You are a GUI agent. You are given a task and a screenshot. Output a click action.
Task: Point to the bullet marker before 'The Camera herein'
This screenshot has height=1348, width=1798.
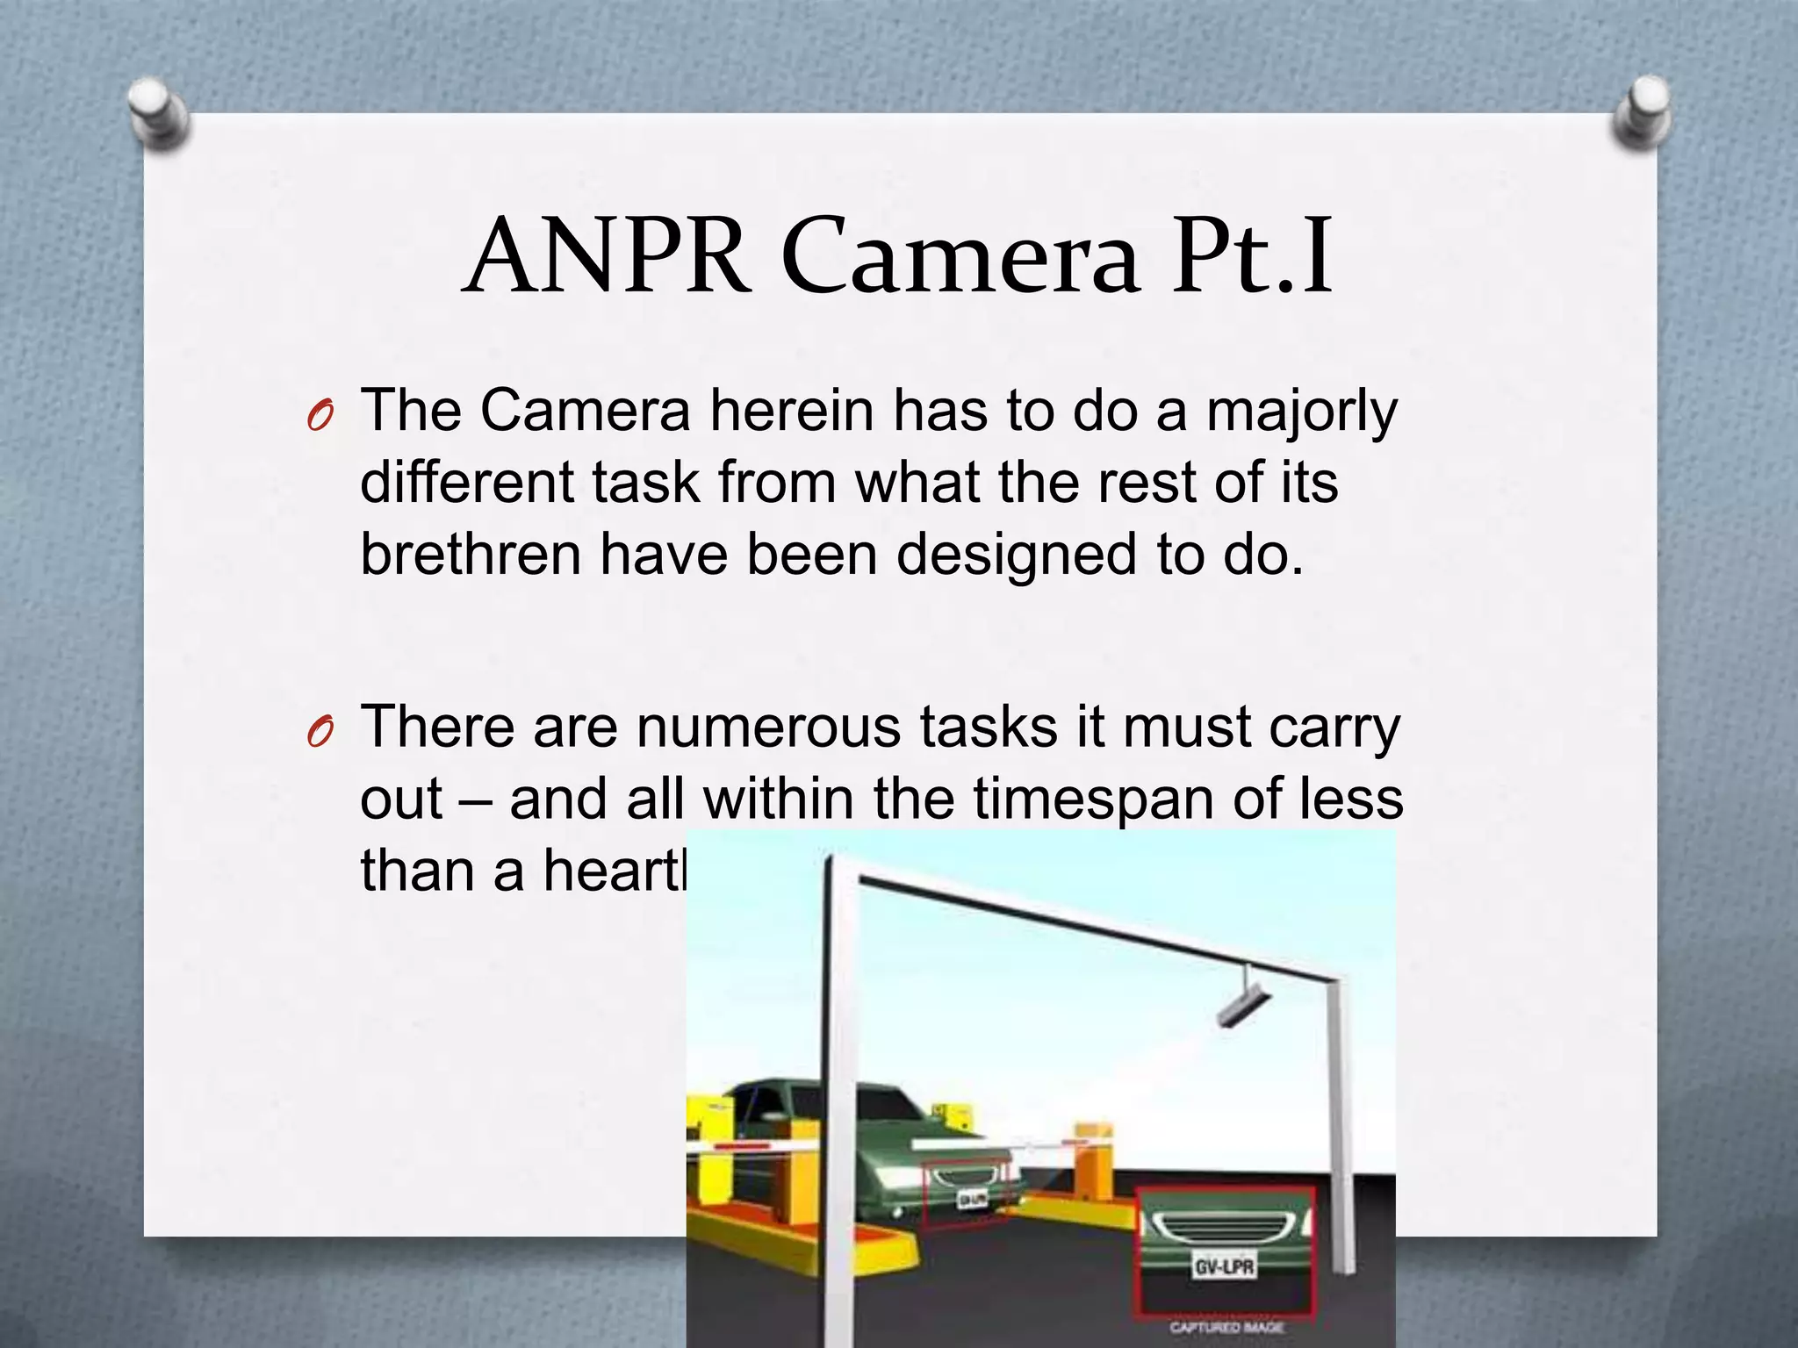coord(320,416)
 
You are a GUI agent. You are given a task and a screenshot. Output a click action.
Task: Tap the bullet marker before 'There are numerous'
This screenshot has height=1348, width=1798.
coord(320,732)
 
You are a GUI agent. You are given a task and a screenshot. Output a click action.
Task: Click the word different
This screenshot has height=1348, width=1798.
coord(467,484)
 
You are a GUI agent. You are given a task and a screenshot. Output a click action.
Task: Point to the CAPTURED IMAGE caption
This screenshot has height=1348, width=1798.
coord(1226,1328)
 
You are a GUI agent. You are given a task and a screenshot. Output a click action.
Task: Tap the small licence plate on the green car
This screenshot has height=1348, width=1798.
coord(971,1199)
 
